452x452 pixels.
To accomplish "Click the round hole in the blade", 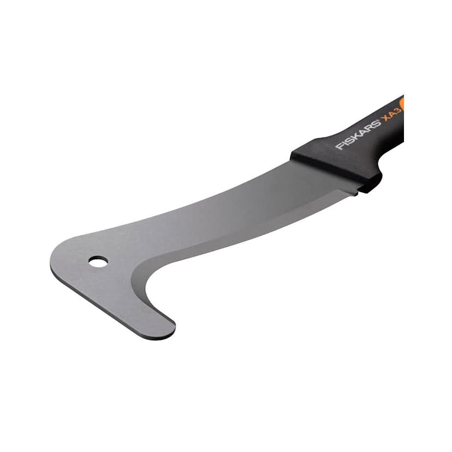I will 98,261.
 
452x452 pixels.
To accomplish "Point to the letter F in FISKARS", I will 339,146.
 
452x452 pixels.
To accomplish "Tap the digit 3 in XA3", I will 397,111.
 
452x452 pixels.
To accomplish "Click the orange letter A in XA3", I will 392,115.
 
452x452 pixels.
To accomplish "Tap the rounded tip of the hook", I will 166,330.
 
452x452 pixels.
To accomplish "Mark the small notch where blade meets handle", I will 355,191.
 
